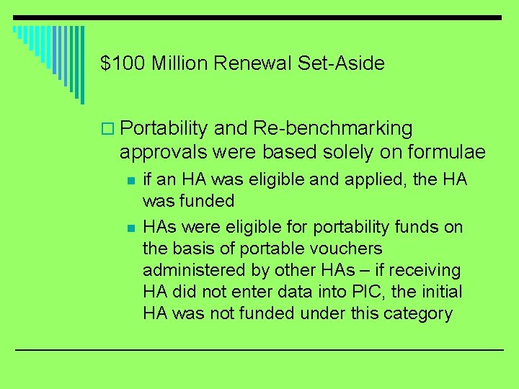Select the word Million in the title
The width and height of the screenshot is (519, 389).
click(180, 63)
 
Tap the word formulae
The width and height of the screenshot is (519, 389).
click(446, 153)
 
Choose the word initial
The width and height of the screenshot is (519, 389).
click(442, 292)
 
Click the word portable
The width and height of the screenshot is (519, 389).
click(268, 249)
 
